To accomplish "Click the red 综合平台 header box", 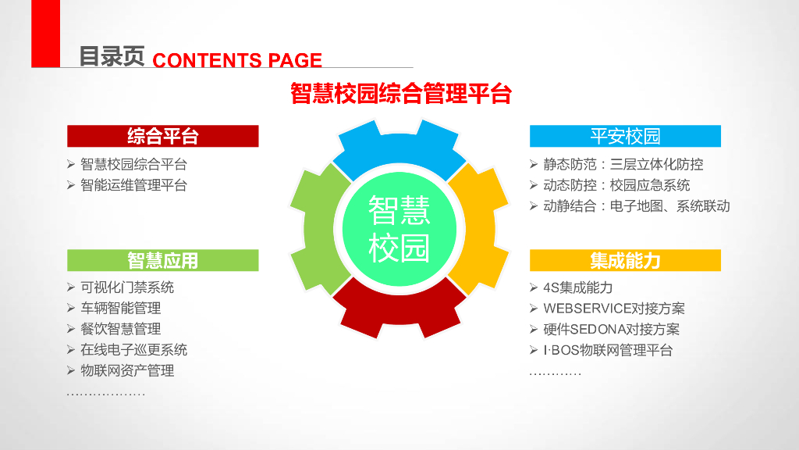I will click(162, 136).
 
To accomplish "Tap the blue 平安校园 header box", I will click(625, 136).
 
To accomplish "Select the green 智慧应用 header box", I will click(162, 260).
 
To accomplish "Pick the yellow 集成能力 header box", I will click(625, 260).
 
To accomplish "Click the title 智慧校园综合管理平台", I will click(400, 95).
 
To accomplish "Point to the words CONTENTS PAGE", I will click(237, 60).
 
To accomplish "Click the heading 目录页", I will click(112, 56).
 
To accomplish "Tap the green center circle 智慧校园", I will click(399, 227).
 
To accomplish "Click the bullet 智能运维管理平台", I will click(133, 185).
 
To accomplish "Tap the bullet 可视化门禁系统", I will click(127, 287).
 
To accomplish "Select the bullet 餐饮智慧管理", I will click(120, 329).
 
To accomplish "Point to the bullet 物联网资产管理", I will click(127, 370).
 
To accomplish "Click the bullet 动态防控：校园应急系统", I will click(616, 185).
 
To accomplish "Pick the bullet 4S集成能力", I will click(577, 287).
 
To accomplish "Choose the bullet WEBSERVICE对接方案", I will click(613, 309).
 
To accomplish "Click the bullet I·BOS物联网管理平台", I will click(607, 350).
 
